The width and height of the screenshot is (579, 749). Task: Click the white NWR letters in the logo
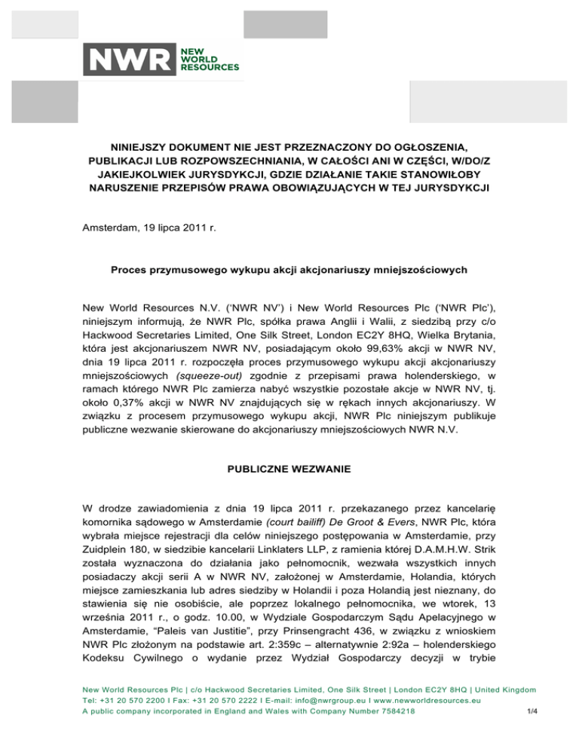click(x=128, y=60)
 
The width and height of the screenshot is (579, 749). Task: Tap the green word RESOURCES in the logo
click(x=207, y=67)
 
